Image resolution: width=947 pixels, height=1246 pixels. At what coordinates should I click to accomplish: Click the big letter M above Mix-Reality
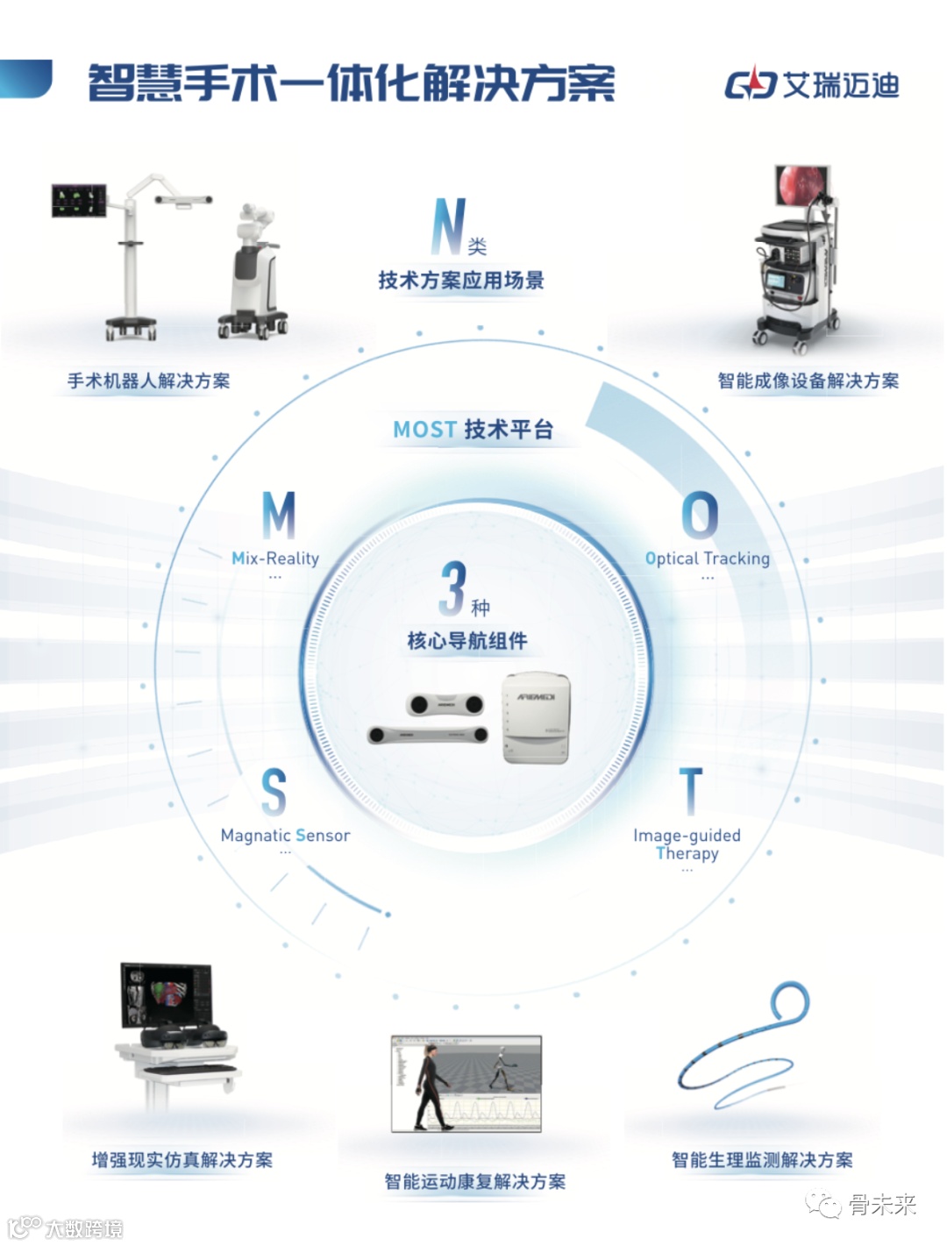[x=279, y=515]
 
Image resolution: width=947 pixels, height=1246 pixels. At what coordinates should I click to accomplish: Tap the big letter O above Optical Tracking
[x=700, y=515]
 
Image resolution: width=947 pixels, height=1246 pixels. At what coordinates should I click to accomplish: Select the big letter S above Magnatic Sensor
[x=274, y=792]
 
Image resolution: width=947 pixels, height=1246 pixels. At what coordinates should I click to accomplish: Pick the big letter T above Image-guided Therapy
[x=691, y=792]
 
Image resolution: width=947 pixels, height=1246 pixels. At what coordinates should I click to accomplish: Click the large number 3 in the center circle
[x=452, y=588]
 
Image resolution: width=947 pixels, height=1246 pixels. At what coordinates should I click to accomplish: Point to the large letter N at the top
[x=449, y=226]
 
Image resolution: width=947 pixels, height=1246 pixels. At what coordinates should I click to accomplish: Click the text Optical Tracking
[x=708, y=559]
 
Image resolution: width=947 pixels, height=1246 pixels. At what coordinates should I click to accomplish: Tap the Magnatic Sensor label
[x=285, y=836]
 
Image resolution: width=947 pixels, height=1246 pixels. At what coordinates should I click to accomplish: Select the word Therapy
[x=687, y=854]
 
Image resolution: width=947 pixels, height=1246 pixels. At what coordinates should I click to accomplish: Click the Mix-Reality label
[x=275, y=559]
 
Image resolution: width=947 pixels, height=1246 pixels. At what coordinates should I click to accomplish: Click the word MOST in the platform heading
[x=424, y=430]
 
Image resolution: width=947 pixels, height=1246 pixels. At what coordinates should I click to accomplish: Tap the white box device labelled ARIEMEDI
[x=536, y=718]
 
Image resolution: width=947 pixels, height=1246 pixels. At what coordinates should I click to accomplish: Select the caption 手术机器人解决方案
[x=149, y=381]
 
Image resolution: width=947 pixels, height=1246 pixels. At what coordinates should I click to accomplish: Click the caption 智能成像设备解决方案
[x=808, y=381]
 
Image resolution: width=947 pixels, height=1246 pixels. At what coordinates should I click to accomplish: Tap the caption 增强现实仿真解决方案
[x=182, y=1161]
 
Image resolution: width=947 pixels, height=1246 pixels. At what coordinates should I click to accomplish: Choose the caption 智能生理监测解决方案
[x=762, y=1161]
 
